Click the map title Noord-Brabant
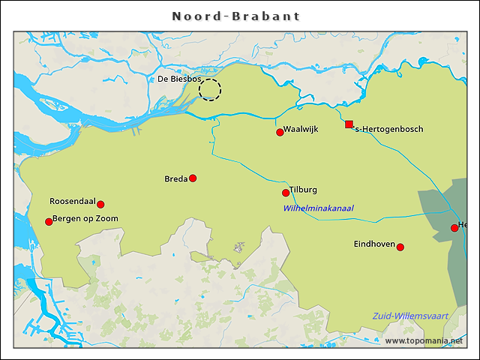[x=236, y=16]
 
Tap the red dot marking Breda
[x=193, y=178]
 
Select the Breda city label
[x=175, y=178]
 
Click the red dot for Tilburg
[x=286, y=193]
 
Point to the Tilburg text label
[x=303, y=190]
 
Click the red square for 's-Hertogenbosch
[x=349, y=124]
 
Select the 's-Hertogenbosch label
[x=388, y=129]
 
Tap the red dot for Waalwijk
[x=280, y=132]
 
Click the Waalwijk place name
[x=301, y=129]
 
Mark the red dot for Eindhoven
[x=400, y=247]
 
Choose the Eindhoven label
[x=374, y=244]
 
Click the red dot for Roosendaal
[x=100, y=204]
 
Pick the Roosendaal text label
[x=72, y=201]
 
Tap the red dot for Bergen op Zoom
[x=49, y=221]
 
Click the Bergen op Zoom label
[x=85, y=219]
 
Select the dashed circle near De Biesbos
[x=210, y=89]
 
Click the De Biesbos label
[x=178, y=79]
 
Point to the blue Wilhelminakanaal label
[x=318, y=208]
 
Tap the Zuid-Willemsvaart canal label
[x=410, y=316]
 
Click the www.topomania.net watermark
[x=429, y=340]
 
